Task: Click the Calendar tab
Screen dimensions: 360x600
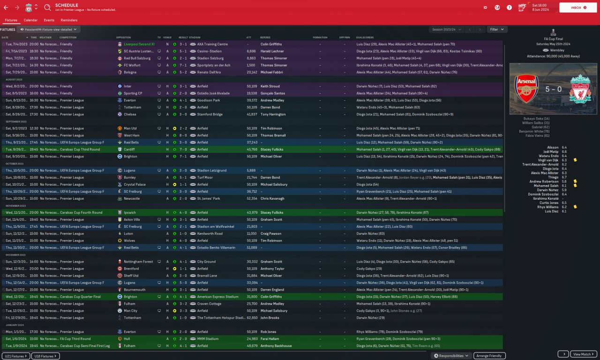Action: click(x=30, y=20)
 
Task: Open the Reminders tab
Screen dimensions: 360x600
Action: click(x=69, y=20)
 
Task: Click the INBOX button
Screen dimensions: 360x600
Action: click(x=577, y=7)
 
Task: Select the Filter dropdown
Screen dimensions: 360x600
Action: click(x=497, y=29)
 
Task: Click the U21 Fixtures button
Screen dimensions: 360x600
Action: click(x=16, y=356)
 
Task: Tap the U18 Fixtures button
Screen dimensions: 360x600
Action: click(x=45, y=356)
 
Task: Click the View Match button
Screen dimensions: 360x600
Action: click(x=584, y=354)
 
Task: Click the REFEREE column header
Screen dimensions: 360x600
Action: click(x=265, y=37)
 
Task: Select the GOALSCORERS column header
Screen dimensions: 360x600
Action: click(x=365, y=37)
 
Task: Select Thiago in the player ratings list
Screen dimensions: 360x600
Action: click(x=554, y=177)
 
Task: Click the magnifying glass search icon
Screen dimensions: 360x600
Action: click(x=47, y=7)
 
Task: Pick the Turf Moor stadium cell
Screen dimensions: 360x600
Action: click(x=206, y=178)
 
